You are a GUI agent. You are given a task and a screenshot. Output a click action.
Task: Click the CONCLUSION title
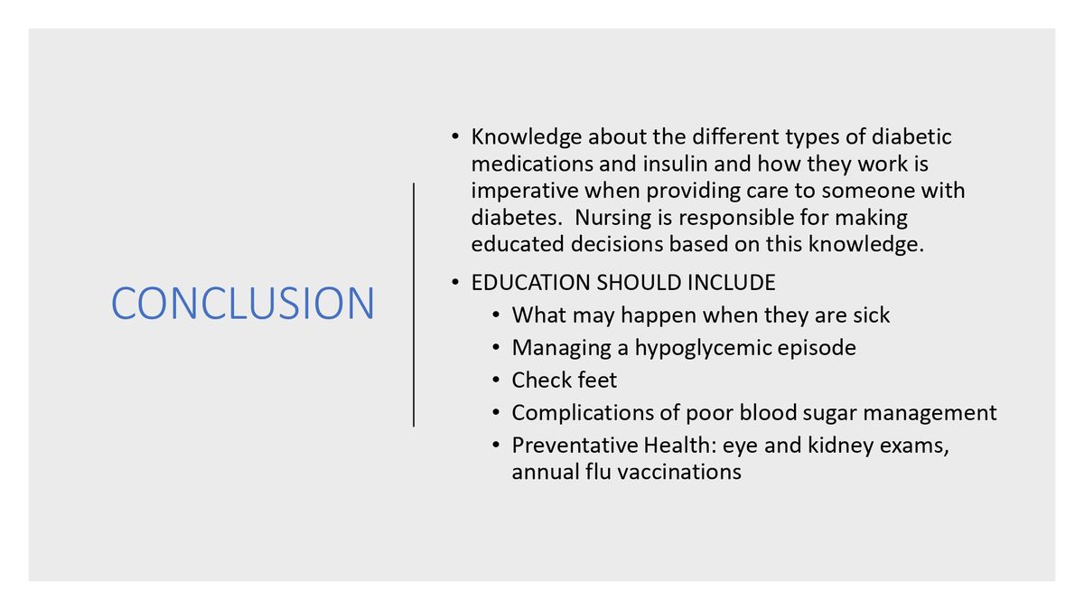(x=242, y=304)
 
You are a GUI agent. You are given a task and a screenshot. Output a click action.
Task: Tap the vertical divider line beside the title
(x=414, y=304)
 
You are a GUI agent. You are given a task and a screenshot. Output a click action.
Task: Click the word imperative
(x=525, y=192)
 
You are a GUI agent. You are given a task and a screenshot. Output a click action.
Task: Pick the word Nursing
(x=614, y=218)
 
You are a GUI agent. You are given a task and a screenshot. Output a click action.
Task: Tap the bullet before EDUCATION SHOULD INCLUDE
(x=455, y=283)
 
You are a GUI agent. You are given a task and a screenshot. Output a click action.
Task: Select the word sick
(x=869, y=315)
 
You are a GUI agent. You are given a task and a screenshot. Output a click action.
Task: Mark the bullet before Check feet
(x=496, y=380)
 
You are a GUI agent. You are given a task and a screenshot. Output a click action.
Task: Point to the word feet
(x=595, y=380)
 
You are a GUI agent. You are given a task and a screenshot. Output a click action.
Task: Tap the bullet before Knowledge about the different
(x=455, y=137)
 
